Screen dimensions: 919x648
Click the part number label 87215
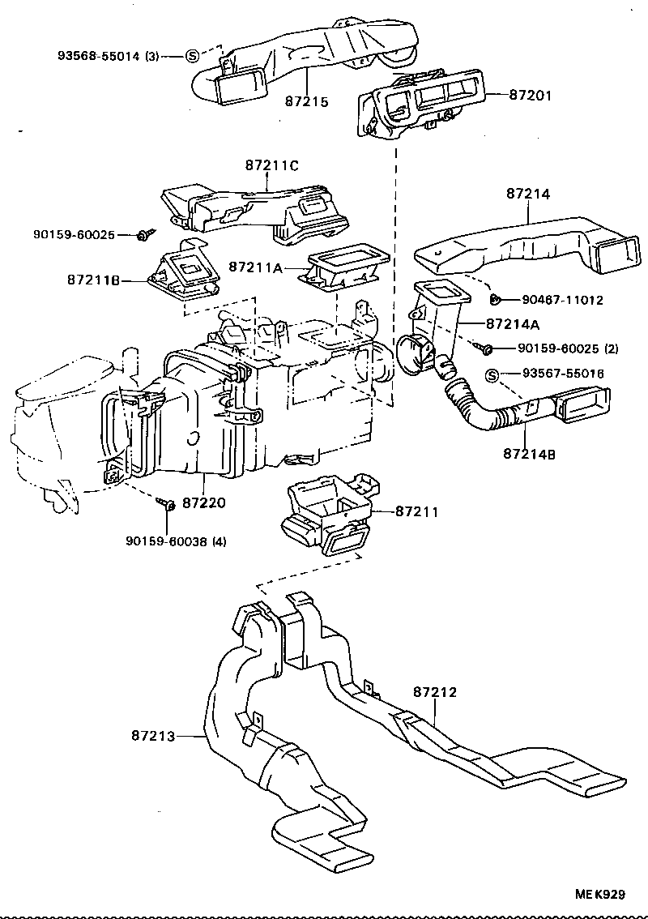[x=306, y=102]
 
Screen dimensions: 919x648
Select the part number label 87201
[x=531, y=95]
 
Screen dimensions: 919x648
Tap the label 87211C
[x=272, y=165]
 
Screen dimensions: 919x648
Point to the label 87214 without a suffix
[x=528, y=194]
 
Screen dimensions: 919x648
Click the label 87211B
[x=94, y=280]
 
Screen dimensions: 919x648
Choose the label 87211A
[x=255, y=266]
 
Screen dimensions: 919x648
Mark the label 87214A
[x=513, y=323]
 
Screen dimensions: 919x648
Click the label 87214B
[x=528, y=455]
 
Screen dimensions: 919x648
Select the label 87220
[x=203, y=502]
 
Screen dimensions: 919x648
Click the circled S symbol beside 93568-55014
[x=192, y=56]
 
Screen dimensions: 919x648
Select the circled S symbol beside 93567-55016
[x=492, y=374]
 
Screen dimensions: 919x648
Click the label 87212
[x=435, y=692]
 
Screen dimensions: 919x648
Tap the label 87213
[x=151, y=736]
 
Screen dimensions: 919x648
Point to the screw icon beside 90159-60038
[x=169, y=506]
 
